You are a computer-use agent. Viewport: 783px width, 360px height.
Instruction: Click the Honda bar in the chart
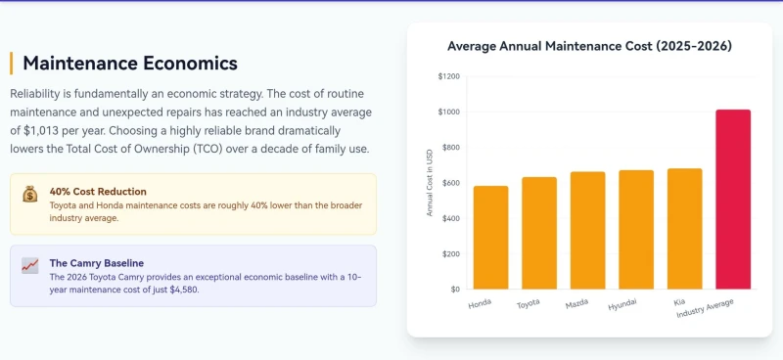(x=491, y=238)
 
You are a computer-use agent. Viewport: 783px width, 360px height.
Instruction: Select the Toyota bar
(x=539, y=233)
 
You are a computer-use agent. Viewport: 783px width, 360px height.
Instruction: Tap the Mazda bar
(x=588, y=231)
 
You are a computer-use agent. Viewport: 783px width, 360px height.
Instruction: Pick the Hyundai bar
(x=636, y=230)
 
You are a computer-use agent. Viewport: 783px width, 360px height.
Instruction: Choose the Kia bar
(x=684, y=229)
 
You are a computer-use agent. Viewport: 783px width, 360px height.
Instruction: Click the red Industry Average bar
(x=733, y=200)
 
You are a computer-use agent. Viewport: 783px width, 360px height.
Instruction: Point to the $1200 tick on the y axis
(x=449, y=77)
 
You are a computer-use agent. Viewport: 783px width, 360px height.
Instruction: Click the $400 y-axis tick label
(x=450, y=218)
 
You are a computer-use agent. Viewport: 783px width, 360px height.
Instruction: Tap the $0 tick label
(x=455, y=290)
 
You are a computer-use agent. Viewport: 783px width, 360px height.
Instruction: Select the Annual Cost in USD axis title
(x=430, y=183)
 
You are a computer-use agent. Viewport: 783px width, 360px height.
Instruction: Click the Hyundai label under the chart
(x=622, y=304)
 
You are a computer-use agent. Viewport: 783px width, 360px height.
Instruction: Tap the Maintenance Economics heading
(x=130, y=64)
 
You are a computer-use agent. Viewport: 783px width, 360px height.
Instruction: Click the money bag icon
(x=30, y=194)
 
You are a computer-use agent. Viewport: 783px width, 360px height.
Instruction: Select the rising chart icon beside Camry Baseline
(x=30, y=265)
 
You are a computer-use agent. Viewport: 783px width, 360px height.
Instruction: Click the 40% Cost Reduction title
(x=98, y=192)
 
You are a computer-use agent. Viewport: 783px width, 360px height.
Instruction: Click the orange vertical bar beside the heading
(x=11, y=64)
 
